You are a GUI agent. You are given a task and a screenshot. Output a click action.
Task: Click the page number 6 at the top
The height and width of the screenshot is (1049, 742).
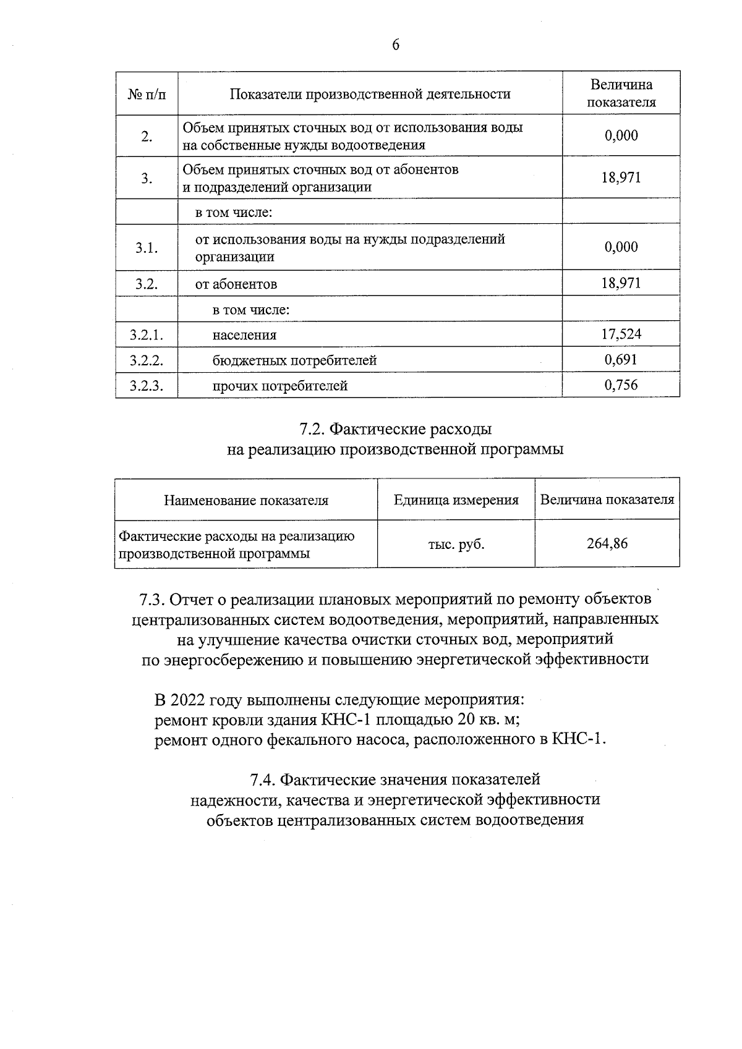tap(396, 45)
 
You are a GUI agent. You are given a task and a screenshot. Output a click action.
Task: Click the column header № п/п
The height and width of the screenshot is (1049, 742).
tap(147, 94)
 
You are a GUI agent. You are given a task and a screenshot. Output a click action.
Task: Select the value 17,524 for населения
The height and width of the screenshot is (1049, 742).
tap(621, 334)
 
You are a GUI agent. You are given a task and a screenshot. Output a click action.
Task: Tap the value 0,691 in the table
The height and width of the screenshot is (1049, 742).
tap(621, 360)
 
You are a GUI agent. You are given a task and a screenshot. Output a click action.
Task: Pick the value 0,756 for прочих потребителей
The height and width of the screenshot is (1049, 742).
tap(621, 385)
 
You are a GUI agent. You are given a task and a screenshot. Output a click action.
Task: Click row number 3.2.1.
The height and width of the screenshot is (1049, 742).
tap(147, 335)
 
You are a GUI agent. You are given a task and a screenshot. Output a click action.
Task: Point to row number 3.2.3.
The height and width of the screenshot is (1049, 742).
tap(147, 386)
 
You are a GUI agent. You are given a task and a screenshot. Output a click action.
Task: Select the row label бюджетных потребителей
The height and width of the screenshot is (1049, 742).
tap(294, 360)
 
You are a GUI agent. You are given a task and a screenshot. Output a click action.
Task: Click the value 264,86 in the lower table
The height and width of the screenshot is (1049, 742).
tap(607, 544)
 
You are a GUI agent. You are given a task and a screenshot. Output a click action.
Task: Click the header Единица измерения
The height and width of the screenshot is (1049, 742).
tap(456, 500)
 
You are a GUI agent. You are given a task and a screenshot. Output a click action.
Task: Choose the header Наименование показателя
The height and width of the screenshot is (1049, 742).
tap(246, 500)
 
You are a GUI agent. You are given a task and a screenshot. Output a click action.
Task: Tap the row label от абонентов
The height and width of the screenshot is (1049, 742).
tap(236, 284)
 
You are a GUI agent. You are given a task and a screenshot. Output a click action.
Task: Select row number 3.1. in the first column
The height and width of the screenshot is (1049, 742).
tap(147, 248)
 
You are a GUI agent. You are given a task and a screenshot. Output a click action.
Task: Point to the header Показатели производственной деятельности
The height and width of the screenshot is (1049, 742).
tap(370, 94)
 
